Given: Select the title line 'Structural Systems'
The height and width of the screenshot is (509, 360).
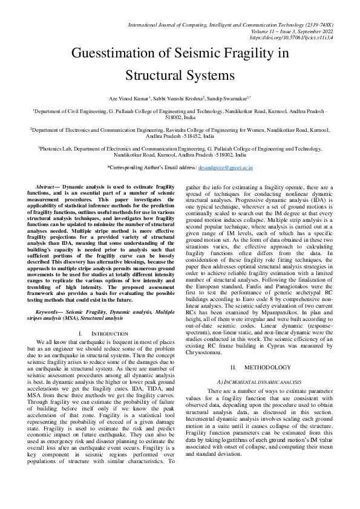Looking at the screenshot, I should click(179, 76).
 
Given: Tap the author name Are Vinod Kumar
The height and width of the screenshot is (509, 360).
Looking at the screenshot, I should click(129, 97).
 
